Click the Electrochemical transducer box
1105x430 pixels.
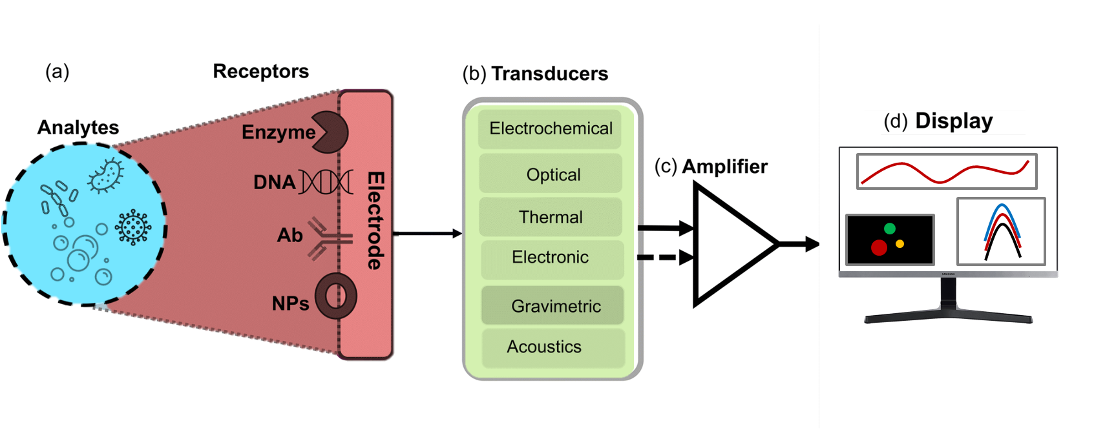coord(551,128)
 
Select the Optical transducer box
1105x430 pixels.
coord(551,174)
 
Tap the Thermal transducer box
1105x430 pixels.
coord(551,217)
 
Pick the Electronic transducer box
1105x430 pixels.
coord(551,258)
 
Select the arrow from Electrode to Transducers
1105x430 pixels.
coord(426,233)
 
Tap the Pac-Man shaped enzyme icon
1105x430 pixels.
coord(330,132)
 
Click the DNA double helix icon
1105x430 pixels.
coord(326,182)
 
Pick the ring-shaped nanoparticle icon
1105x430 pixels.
coord(336,296)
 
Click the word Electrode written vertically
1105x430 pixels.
coord(375,220)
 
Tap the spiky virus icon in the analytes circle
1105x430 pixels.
coord(133,227)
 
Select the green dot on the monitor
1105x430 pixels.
coord(890,228)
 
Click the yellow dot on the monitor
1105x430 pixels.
coord(900,244)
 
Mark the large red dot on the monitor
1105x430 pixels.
coord(879,247)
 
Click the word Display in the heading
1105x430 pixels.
coord(954,121)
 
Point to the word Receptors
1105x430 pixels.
coord(261,71)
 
